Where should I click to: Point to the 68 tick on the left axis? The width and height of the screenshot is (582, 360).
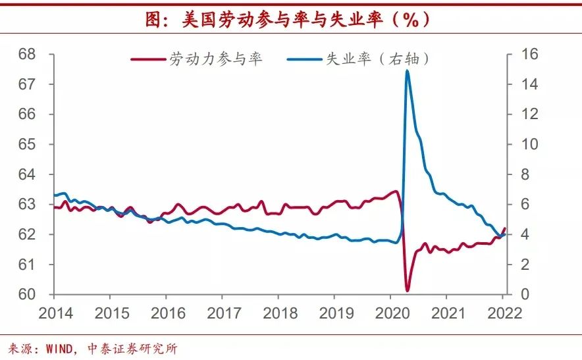click(27, 54)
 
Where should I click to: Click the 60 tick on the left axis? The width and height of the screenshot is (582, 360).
click(27, 294)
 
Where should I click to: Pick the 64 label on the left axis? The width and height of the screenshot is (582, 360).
click(27, 174)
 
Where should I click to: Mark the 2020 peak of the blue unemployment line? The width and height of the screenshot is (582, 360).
click(408, 70)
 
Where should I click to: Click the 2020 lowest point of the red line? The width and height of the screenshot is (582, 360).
click(408, 290)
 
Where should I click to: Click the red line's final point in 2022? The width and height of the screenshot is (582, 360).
click(505, 228)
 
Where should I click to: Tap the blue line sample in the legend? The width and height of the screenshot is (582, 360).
click(304, 59)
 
